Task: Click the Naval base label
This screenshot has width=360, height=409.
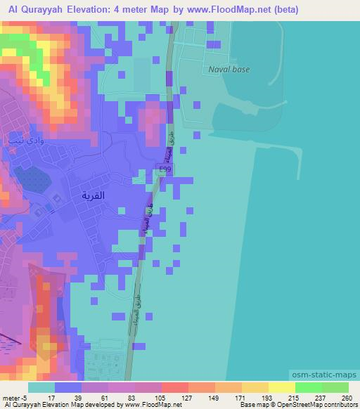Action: pos(229,70)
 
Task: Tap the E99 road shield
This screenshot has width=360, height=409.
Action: pos(164,169)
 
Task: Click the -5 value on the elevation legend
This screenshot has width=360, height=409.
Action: pos(26,398)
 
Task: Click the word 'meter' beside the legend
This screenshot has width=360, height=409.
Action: pos(12,398)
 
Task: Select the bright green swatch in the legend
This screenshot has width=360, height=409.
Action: pos(309,387)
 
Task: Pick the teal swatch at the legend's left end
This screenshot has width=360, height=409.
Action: pos(41,387)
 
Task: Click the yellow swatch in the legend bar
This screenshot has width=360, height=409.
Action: pos(282,387)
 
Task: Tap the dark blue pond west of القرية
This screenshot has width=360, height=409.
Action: pos(30,179)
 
